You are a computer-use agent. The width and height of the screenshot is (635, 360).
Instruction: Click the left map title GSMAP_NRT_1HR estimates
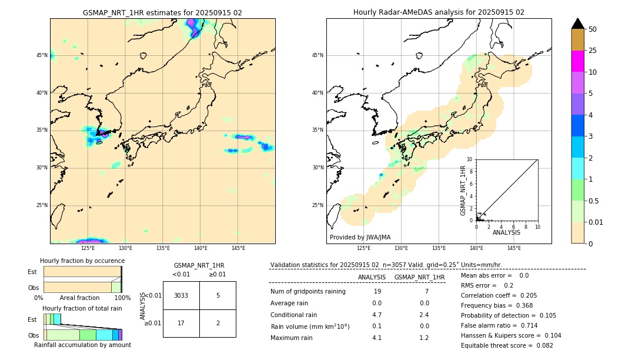pyautogui.click(x=162, y=12)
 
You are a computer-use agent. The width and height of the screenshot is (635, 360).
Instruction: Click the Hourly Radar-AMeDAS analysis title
pyautogui.click(x=439, y=12)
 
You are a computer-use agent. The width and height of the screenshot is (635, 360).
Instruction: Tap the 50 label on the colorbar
pyautogui.click(x=593, y=29)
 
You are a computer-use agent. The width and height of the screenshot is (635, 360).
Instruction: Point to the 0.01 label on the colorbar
pyautogui.click(x=596, y=222)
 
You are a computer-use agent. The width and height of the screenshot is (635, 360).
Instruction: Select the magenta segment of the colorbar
pyautogui.click(x=577, y=61)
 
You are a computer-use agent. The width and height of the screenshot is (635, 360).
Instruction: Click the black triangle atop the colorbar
pyautogui.click(x=577, y=24)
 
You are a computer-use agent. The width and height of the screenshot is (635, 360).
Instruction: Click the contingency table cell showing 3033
pyautogui.click(x=181, y=295)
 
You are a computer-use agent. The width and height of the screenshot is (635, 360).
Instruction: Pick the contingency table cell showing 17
pyautogui.click(x=181, y=323)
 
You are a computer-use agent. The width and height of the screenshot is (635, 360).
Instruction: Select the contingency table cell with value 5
pyautogui.click(x=218, y=295)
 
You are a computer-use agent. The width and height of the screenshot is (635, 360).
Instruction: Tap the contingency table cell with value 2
pyautogui.click(x=218, y=323)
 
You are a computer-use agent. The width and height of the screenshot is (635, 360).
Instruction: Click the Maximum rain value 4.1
pyautogui.click(x=376, y=338)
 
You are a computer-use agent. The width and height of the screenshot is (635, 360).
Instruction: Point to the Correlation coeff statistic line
pyautogui.click(x=499, y=296)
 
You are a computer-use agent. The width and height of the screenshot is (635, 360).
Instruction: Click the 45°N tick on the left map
pyautogui.click(x=42, y=55)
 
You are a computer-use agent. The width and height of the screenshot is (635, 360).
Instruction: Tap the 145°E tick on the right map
pyautogui.click(x=514, y=248)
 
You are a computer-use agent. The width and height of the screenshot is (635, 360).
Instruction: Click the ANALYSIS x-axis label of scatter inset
pyautogui.click(x=506, y=233)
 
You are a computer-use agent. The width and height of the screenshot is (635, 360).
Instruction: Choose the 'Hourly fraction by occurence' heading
pyautogui.click(x=82, y=261)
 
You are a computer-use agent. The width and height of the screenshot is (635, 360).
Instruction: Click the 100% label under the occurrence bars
pyautogui.click(x=122, y=298)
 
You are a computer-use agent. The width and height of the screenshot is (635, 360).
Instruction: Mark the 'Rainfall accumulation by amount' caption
pyautogui.click(x=82, y=345)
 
